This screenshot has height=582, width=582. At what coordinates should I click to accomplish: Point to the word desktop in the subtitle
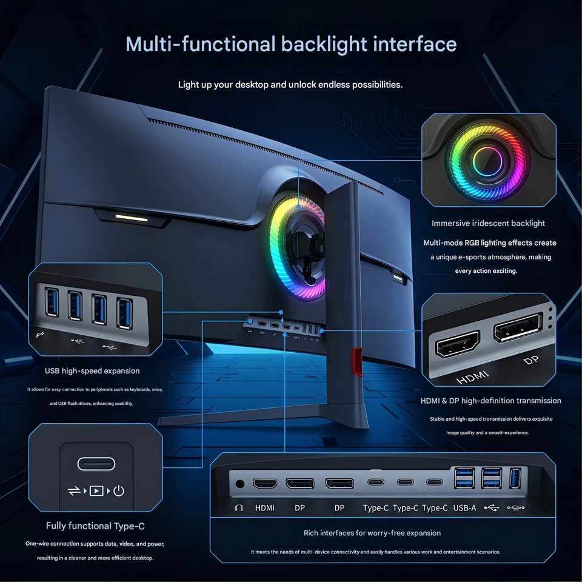(252, 85)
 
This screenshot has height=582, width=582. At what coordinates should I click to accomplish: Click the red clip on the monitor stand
(357, 362)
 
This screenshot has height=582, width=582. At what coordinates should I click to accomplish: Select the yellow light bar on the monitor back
(132, 218)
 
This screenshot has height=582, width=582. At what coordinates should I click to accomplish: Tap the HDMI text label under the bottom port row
(265, 508)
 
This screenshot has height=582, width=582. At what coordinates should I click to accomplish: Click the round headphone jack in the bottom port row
(240, 484)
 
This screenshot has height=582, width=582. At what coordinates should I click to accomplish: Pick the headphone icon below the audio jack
(239, 508)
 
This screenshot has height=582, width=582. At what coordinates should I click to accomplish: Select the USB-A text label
(464, 508)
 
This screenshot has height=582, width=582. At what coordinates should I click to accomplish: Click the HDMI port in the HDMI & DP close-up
(457, 344)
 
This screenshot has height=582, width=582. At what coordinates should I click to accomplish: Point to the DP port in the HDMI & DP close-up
(518, 327)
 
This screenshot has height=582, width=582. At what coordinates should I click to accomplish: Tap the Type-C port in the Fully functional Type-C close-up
(96, 464)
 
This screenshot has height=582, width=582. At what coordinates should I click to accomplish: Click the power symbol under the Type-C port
(118, 490)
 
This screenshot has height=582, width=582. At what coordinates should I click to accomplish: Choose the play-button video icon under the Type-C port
(96, 490)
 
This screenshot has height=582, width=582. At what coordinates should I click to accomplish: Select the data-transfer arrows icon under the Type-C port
(74, 490)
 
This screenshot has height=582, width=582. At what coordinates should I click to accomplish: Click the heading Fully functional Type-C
(95, 526)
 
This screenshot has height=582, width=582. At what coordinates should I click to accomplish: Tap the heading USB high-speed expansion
(92, 371)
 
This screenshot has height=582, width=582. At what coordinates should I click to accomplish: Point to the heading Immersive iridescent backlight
(488, 223)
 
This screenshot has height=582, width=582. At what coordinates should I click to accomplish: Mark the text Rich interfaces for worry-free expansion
(372, 533)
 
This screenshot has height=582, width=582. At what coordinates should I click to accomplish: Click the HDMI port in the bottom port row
(265, 483)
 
